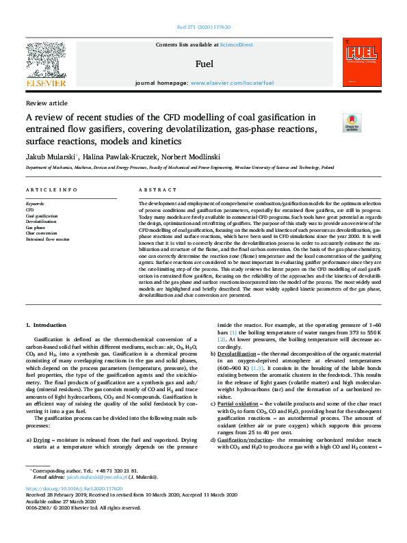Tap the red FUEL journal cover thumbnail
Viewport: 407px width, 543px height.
360,64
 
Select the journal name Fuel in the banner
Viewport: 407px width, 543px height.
204,64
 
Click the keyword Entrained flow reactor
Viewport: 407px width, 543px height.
47,239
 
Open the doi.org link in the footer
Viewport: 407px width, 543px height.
73,508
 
